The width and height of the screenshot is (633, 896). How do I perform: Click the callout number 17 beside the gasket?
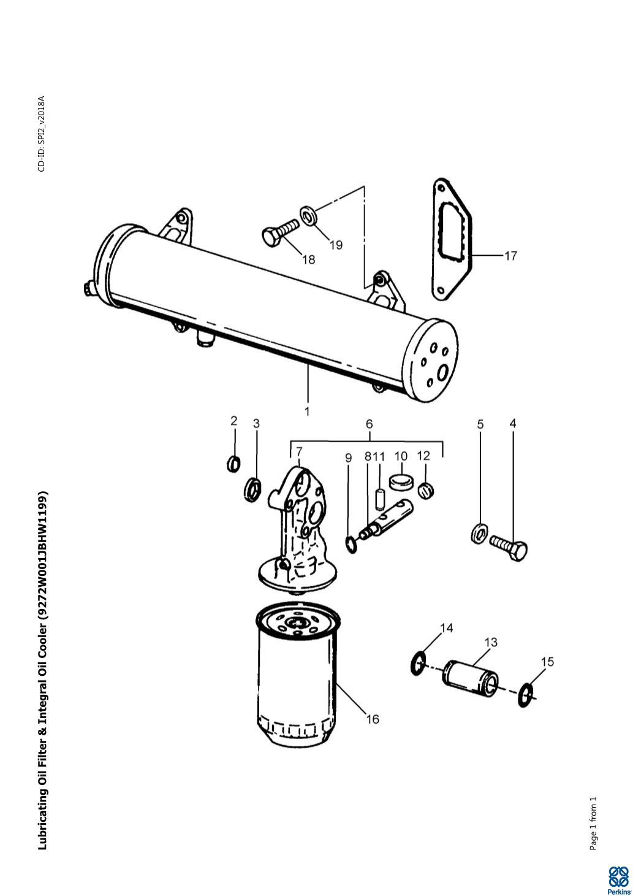510,256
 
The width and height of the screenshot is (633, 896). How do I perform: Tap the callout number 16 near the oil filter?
372,719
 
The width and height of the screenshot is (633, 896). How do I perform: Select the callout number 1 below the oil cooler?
307,411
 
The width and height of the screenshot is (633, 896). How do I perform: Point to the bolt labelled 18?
281,232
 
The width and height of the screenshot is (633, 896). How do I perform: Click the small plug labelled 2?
233,464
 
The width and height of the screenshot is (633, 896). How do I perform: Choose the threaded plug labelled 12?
426,490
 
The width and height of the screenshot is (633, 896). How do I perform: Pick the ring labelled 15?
526,695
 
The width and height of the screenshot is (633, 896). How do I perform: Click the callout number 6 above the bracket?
369,424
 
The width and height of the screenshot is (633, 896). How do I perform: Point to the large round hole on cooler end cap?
443,373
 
